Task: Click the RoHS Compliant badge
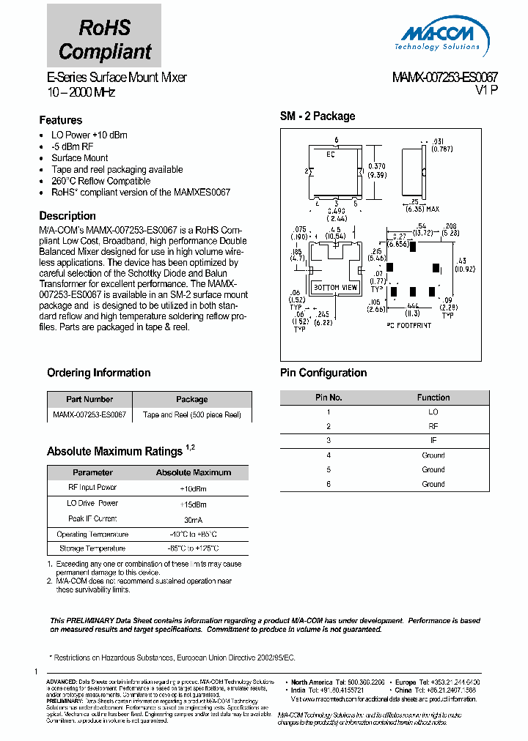pyautogui.click(x=104, y=40)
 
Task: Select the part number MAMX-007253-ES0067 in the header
pyautogui.click(x=435, y=78)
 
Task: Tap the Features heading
pyautogui.click(x=61, y=120)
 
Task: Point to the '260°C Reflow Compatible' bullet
pyautogui.click(x=100, y=181)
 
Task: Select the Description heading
pyautogui.click(x=67, y=216)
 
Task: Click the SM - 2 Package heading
pyautogui.click(x=318, y=116)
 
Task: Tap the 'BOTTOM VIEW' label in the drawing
pyautogui.click(x=335, y=288)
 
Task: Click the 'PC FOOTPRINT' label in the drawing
pyautogui.click(x=408, y=325)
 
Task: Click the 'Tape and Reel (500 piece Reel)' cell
pyautogui.click(x=192, y=414)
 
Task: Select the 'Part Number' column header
pyautogui.click(x=89, y=399)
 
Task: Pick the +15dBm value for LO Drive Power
pyautogui.click(x=193, y=504)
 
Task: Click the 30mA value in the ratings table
pyautogui.click(x=193, y=518)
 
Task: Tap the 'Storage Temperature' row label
pyautogui.click(x=92, y=548)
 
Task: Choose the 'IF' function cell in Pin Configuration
pyautogui.click(x=433, y=441)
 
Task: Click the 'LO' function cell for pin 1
pyautogui.click(x=433, y=412)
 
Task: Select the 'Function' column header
pyautogui.click(x=433, y=398)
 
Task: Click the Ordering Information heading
pyautogui.click(x=98, y=373)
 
